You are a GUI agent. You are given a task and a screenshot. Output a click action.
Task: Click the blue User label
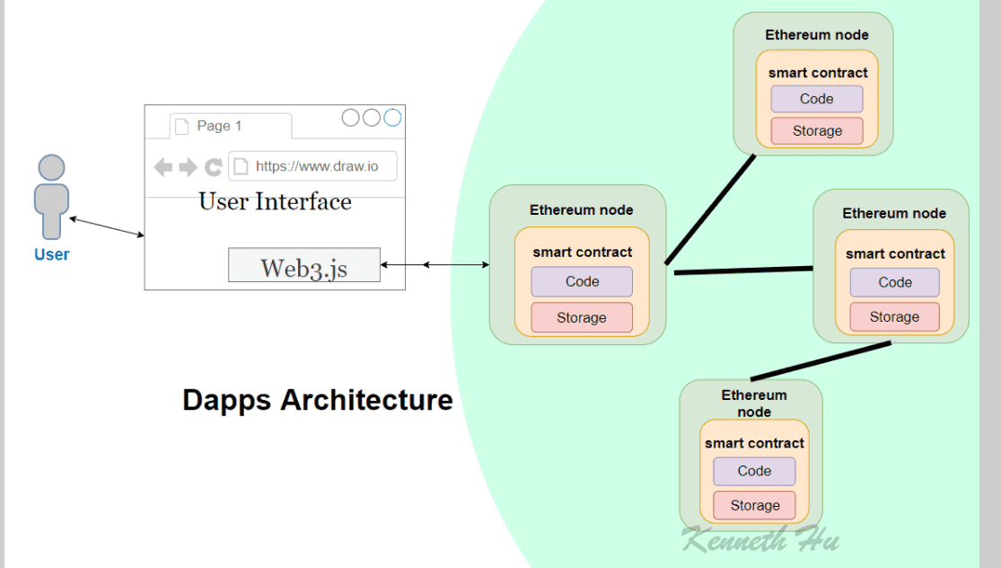click(52, 254)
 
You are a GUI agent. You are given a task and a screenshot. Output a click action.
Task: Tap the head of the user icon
click(52, 167)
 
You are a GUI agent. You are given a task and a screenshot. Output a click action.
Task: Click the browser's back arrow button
click(163, 167)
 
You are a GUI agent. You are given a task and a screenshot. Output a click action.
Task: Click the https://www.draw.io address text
click(317, 166)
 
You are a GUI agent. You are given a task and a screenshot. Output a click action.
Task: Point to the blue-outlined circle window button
click(392, 118)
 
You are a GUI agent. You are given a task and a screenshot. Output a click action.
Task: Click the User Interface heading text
click(275, 202)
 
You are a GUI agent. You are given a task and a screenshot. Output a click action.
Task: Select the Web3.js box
click(303, 264)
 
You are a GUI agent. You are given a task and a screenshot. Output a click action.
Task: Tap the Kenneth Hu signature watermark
click(760, 539)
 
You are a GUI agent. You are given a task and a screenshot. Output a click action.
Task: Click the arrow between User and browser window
click(107, 226)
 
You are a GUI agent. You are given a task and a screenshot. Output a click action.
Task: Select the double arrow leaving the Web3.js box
click(435, 264)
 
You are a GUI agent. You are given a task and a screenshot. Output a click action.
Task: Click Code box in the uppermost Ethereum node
click(816, 99)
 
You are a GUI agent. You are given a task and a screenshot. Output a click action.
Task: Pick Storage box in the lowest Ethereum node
click(755, 505)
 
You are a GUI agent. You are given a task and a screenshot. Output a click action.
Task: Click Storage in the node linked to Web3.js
click(582, 317)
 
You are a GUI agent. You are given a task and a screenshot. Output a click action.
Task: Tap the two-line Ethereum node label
click(754, 404)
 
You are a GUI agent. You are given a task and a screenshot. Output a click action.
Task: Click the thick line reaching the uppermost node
click(710, 209)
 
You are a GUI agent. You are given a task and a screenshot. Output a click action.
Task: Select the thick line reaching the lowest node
click(821, 361)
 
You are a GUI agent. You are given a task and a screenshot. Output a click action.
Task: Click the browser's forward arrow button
click(188, 167)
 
